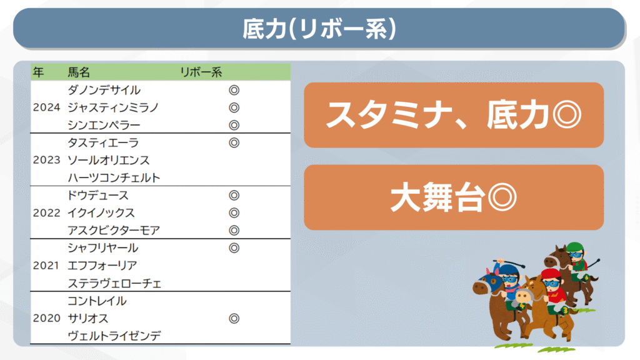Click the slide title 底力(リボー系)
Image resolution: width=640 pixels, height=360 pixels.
pyautogui.click(x=319, y=29)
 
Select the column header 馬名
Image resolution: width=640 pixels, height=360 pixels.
pyautogui.click(x=78, y=72)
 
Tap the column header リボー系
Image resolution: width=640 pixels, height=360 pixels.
pyautogui.click(x=201, y=72)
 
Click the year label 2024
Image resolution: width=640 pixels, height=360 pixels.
pyautogui.click(x=46, y=107)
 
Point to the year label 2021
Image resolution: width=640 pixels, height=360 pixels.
pyautogui.click(x=46, y=266)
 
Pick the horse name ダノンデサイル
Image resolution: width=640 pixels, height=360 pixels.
pyautogui.click(x=104, y=90)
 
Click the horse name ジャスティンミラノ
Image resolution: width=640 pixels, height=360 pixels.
pyautogui.click(x=113, y=107)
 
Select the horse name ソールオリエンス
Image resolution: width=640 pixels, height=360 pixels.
pyautogui.click(x=109, y=160)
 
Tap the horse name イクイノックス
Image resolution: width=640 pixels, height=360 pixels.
pyautogui.click(x=101, y=212)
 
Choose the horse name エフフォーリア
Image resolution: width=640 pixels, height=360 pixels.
pyautogui.click(x=102, y=266)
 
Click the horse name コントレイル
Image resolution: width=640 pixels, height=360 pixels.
pyautogui.click(x=97, y=301)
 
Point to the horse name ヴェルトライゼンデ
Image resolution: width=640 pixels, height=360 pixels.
pyautogui.click(x=114, y=336)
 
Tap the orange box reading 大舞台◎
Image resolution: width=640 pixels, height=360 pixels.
pyautogui.click(x=454, y=197)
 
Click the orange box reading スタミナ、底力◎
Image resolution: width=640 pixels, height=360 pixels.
pyautogui.click(x=454, y=115)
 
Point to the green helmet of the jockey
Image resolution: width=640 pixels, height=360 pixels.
pyautogui.click(x=575, y=246)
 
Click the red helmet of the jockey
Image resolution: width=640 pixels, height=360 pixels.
pyautogui.click(x=550, y=274)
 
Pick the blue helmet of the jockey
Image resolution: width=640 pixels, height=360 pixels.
pyautogui.click(x=508, y=269)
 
